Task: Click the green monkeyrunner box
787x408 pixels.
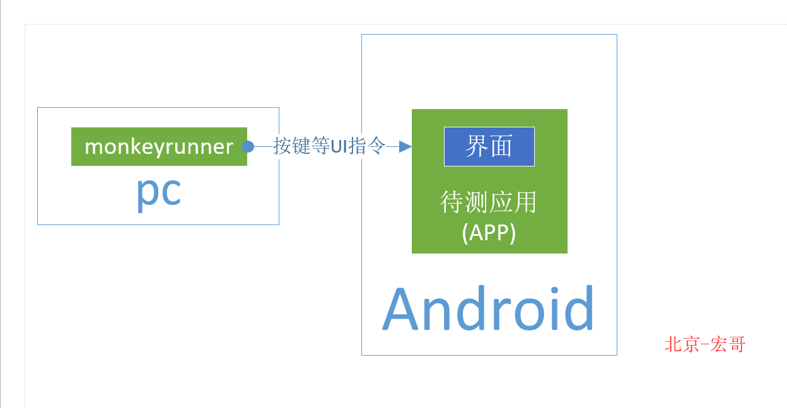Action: pyautogui.click(x=159, y=146)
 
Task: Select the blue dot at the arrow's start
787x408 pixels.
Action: pyautogui.click(x=248, y=146)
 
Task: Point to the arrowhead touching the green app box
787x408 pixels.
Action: pyautogui.click(x=405, y=146)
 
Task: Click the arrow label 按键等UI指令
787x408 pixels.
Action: pyautogui.click(x=329, y=146)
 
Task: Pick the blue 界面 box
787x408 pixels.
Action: pyautogui.click(x=489, y=146)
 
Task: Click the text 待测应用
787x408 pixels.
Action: pyautogui.click(x=489, y=203)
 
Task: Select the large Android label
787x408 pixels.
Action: pyautogui.click(x=489, y=309)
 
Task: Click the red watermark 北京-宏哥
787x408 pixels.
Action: pyautogui.click(x=705, y=344)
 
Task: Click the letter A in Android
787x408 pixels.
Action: pyautogui.click(x=402, y=310)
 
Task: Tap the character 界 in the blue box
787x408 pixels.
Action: pyautogui.click(x=476, y=146)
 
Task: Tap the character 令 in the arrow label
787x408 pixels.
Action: pyautogui.click(x=376, y=146)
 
